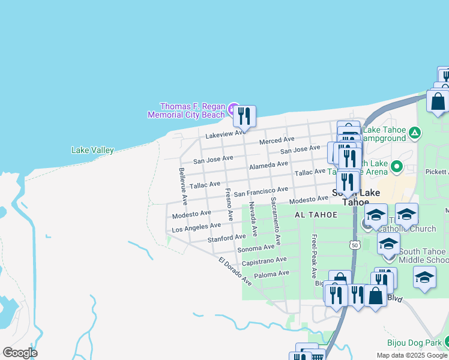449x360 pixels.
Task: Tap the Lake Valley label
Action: click(92, 150)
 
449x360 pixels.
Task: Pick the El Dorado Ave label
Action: click(235, 271)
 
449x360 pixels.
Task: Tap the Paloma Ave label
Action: click(272, 274)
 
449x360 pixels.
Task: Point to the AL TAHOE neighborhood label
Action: click(316, 215)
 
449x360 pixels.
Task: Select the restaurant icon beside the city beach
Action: click(244, 115)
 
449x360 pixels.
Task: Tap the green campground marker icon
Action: click(415, 133)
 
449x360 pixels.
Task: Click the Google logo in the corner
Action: click(20, 353)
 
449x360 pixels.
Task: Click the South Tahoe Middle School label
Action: click(421, 256)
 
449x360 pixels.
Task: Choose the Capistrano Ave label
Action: click(264, 261)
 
